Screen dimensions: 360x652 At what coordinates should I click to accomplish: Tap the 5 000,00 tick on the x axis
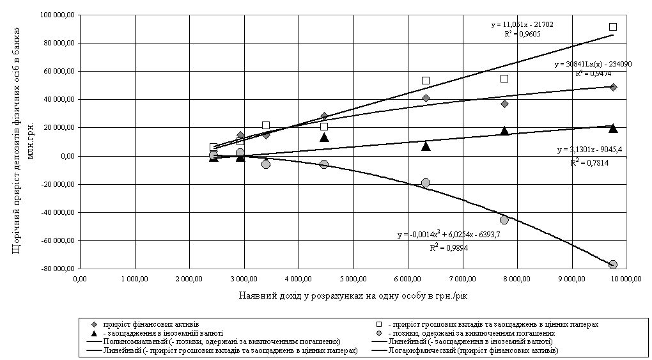tap(353, 279)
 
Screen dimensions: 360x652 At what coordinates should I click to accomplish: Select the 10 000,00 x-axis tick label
tap(624, 279)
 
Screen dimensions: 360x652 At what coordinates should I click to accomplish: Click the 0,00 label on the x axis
tap(81, 279)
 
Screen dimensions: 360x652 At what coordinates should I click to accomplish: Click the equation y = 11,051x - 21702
tap(522, 24)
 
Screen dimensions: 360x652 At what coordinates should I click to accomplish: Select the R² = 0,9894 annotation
tap(451, 247)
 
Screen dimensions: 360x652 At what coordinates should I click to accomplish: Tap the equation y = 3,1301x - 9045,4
tap(589, 150)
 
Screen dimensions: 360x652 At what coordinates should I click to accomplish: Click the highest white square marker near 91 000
tap(613, 27)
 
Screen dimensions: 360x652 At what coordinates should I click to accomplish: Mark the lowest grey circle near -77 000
tap(613, 265)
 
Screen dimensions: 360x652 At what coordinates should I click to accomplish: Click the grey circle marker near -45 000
tap(504, 220)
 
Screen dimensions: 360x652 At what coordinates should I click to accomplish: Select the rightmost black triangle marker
tap(613, 128)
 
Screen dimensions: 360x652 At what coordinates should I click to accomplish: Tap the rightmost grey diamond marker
tap(613, 87)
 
